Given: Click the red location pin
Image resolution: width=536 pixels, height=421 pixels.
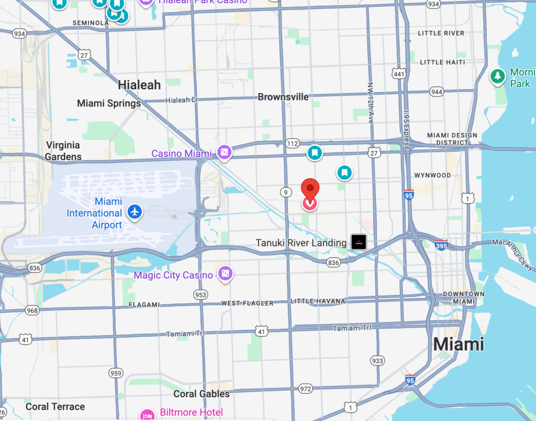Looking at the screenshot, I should (x=310, y=189).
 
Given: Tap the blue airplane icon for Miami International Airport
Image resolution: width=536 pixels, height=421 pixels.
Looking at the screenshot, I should (x=135, y=212).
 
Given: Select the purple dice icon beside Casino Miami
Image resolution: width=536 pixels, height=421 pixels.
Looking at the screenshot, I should (x=225, y=153).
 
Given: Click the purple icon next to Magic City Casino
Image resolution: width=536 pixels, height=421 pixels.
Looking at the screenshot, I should (x=226, y=273).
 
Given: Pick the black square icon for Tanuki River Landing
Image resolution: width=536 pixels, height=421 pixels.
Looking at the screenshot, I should (x=359, y=242).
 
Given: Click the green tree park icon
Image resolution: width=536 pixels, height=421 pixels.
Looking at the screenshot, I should (x=497, y=76).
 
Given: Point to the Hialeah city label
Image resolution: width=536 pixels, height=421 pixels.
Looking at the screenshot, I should (x=139, y=85).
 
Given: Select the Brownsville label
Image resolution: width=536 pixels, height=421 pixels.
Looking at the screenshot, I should (x=283, y=97).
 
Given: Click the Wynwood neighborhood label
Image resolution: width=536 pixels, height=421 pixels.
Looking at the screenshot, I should (x=432, y=175).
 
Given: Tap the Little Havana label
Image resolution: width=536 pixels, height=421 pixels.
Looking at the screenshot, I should (x=318, y=301).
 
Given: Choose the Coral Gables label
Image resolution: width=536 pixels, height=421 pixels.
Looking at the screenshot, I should (x=202, y=394).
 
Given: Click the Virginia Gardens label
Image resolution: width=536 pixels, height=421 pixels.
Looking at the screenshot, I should (x=63, y=151).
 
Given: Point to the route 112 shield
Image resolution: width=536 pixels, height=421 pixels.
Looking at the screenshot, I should (x=292, y=143).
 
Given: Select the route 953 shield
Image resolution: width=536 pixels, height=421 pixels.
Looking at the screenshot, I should (x=200, y=295).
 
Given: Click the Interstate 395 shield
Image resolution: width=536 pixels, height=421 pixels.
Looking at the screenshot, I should (x=441, y=244).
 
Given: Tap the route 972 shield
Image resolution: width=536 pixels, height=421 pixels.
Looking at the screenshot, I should (x=306, y=389).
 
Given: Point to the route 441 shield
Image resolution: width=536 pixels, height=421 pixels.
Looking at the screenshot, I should (x=400, y=74).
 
